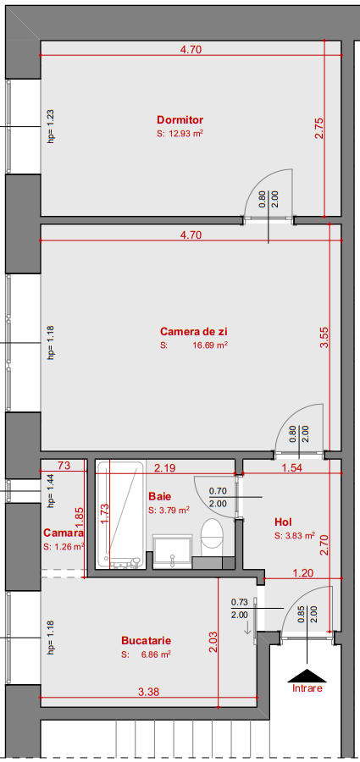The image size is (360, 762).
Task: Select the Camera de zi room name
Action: (x=194, y=331)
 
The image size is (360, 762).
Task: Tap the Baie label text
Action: (x=159, y=496)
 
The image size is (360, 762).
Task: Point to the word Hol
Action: (x=283, y=522)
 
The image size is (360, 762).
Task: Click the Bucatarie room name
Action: (x=147, y=641)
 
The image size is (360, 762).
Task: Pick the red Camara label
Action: (x=64, y=533)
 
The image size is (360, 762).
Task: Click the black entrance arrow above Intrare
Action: (x=306, y=675)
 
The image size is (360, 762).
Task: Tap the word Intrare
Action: (x=307, y=689)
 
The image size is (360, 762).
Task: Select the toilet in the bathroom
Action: (x=212, y=535)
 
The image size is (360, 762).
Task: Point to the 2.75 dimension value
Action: (x=318, y=128)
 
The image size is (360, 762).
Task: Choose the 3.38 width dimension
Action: (x=148, y=692)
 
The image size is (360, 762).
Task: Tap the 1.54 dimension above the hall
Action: (x=292, y=467)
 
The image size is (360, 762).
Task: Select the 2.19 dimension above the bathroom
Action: (x=164, y=467)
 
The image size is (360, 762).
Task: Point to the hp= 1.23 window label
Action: (x=50, y=125)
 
